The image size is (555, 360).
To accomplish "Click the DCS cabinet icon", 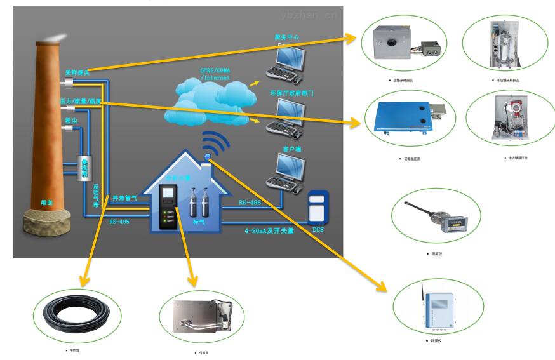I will pos(319,209).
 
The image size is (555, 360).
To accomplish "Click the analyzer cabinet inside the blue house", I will pos(168,206).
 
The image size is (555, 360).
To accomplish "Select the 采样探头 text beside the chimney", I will pos(77,73).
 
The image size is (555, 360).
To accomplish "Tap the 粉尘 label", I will pos(71,120).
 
